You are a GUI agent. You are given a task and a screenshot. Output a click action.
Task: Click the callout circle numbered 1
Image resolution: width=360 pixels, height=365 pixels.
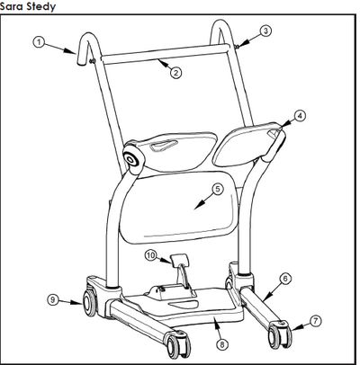point(39,42)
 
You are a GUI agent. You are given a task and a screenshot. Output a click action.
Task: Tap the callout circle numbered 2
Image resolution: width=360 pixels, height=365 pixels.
point(175,73)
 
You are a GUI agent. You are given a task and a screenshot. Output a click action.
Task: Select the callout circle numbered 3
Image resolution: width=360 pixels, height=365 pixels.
point(265,31)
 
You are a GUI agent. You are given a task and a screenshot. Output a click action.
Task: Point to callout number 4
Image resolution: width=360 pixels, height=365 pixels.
point(300,115)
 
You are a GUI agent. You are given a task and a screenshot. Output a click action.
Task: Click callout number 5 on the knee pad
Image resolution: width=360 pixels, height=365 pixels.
point(218,189)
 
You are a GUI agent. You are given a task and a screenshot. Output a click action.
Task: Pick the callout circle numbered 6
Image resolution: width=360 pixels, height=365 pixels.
point(285,279)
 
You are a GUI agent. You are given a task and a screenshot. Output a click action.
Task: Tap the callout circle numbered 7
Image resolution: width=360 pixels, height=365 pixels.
point(315,321)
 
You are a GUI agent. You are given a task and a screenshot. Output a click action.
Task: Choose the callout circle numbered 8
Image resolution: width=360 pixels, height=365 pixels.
point(222,344)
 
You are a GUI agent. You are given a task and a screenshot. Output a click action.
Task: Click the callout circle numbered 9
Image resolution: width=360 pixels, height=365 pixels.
point(53,300)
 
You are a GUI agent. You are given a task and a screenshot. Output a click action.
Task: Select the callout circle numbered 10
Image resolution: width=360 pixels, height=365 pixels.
point(151,255)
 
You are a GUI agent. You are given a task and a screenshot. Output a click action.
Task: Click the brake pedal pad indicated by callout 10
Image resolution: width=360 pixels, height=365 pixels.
point(179,259)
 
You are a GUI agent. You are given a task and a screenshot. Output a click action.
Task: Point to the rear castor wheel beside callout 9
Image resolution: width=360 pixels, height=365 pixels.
point(89,302)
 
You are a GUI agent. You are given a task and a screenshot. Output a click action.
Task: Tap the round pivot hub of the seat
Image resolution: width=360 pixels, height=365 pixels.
point(131,158)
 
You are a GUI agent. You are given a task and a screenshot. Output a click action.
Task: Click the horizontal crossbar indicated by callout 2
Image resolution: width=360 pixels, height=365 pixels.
point(165,54)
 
